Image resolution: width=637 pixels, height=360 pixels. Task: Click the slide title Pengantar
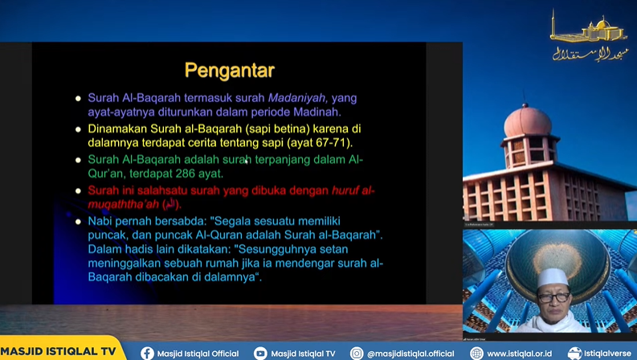coord(230,70)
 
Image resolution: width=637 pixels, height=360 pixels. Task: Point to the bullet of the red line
coord(78,191)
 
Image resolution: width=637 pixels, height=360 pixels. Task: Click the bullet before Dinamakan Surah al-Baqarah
coord(78,129)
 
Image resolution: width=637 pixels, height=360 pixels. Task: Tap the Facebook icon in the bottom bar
coord(147,353)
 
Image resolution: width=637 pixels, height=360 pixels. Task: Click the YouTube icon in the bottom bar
coord(259,353)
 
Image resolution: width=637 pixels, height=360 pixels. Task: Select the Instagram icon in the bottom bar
coord(357,353)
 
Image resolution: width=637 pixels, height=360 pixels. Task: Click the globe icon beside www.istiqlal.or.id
coord(476,353)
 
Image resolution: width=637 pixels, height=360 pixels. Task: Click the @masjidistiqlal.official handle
coord(410,353)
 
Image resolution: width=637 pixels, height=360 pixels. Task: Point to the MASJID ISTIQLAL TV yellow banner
coord(58,352)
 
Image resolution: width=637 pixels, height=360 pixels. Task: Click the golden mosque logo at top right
coord(589,36)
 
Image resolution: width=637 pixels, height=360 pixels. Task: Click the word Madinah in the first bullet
coord(319,112)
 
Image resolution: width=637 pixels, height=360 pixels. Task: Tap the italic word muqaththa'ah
coord(120,204)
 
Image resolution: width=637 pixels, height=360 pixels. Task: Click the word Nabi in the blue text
coord(101,221)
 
